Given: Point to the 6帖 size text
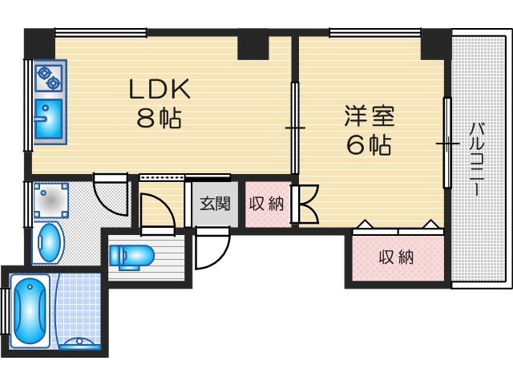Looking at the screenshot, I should coord(369,145).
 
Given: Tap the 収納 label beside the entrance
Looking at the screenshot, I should coord(267,204).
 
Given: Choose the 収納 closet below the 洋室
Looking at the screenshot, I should coord(396,257).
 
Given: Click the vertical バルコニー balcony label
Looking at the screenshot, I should coord(476,160).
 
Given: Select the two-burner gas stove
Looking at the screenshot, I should coord(49,77).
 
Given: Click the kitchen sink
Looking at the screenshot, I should coord(48,119).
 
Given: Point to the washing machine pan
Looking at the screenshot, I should coord(51,201).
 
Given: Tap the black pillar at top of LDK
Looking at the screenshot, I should coord(252,45).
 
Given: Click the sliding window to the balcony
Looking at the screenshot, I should coord(446,143).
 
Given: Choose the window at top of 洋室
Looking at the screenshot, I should coord(375,32).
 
